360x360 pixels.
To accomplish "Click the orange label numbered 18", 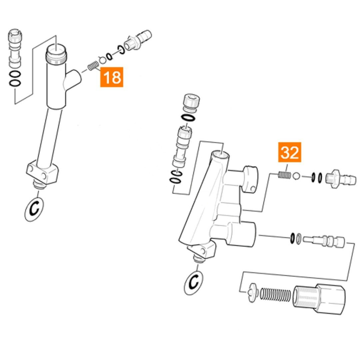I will [x=112, y=77].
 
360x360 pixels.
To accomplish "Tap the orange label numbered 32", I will [x=290, y=153].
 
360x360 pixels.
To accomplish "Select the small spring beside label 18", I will [x=93, y=65].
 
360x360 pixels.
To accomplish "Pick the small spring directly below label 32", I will [x=284, y=174].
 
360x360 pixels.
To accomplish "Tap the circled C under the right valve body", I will [x=193, y=283].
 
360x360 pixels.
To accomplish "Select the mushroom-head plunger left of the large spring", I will [x=253, y=292].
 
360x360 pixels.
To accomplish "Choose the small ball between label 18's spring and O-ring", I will [x=102, y=60].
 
